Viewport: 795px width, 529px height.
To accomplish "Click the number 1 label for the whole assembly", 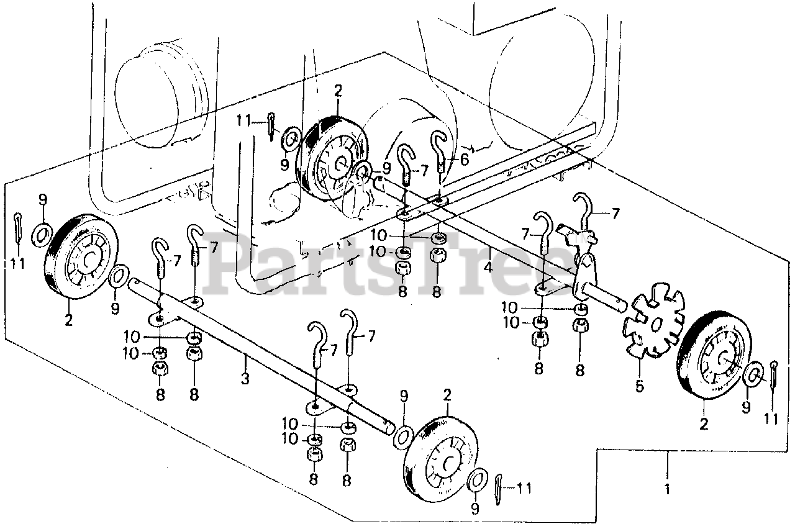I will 668,490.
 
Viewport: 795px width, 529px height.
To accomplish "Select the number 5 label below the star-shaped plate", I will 640,386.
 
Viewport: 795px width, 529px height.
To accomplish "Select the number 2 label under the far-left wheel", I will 68,321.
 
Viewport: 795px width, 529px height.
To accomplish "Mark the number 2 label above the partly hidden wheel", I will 338,91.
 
